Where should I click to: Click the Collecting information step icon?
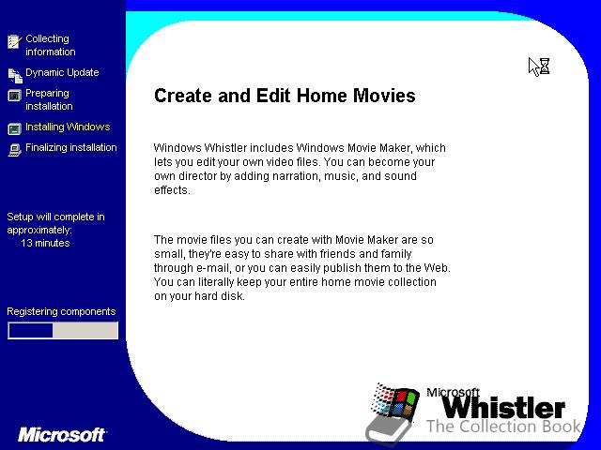pos(15,41)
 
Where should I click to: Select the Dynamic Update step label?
pos(62,72)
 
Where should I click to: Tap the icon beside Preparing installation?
pos(15,96)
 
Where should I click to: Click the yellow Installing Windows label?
pos(68,127)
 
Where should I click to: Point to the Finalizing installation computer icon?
pos(15,150)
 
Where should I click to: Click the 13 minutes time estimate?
pos(45,243)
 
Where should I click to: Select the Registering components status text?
pos(61,311)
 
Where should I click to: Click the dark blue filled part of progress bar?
pos(31,331)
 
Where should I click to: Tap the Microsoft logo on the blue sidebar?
pos(61,435)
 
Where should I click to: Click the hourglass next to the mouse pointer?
pos(545,67)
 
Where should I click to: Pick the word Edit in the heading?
pos(272,96)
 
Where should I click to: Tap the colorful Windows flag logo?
pos(394,400)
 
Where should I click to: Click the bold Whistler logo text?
pos(503,408)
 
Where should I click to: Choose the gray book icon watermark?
pos(388,429)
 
